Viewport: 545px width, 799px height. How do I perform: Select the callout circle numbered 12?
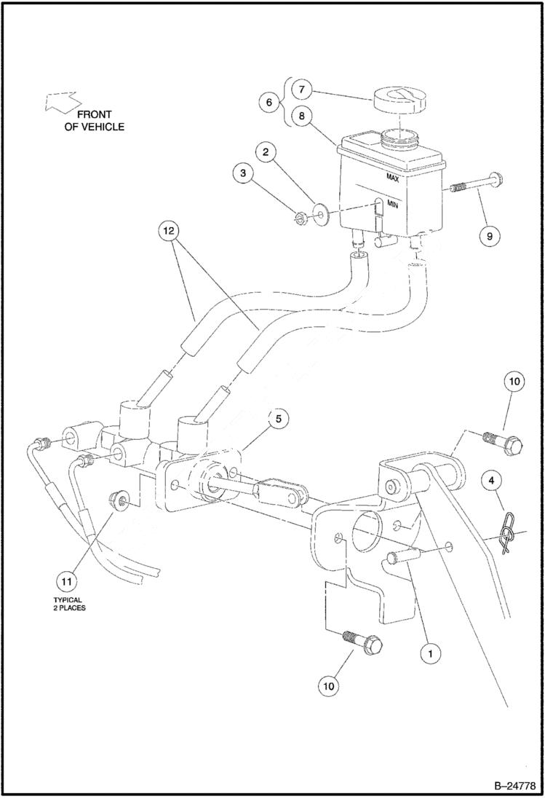169,230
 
